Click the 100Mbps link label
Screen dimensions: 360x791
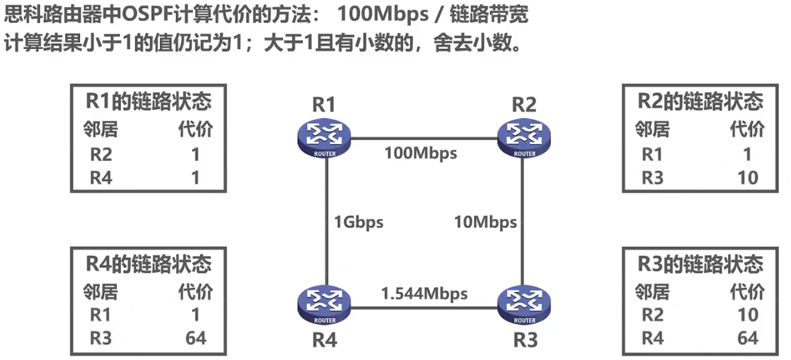(x=420, y=153)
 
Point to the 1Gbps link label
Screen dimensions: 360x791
(x=359, y=222)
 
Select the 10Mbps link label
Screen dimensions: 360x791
(x=485, y=222)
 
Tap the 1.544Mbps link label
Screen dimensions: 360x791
(x=424, y=293)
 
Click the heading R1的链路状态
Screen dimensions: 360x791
(x=148, y=102)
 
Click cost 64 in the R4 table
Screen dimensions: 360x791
(x=196, y=338)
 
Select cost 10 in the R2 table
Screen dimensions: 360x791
(x=747, y=178)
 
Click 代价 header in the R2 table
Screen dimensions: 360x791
(x=747, y=130)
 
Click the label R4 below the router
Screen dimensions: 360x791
(x=324, y=340)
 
